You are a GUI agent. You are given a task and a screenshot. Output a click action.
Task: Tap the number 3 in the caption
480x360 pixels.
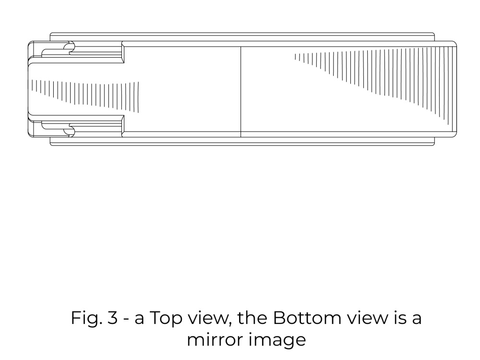(x=112, y=318)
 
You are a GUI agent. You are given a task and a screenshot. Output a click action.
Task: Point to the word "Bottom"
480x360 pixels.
(x=307, y=318)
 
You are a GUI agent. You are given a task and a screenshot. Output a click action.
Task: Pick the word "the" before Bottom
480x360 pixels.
(x=252, y=318)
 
